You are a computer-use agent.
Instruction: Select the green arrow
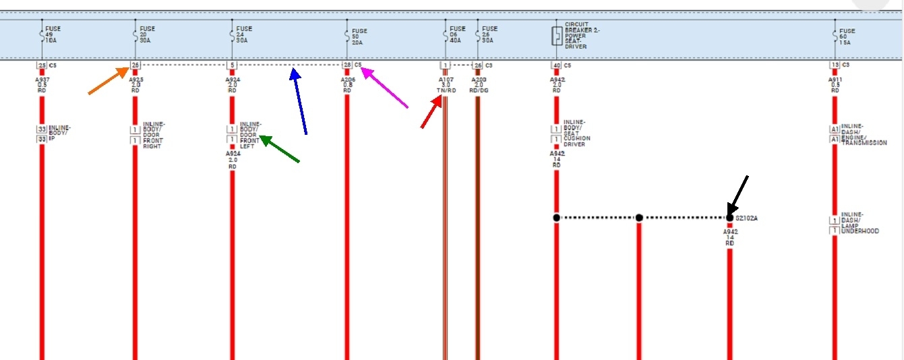tap(280, 149)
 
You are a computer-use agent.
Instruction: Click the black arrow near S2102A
tap(738, 196)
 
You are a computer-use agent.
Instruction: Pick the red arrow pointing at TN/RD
tap(431, 112)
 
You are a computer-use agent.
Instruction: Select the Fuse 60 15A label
tap(847, 37)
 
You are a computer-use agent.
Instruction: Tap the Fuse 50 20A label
tap(359, 36)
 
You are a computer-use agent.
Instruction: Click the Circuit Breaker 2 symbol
tap(557, 36)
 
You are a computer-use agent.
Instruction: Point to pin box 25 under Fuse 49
tap(42, 65)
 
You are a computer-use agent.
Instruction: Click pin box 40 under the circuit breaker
tap(556, 65)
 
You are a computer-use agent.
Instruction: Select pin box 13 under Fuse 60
tap(835, 65)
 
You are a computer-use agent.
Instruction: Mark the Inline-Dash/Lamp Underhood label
tap(860, 223)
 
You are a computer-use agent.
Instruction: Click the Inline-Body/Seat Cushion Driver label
tap(576, 133)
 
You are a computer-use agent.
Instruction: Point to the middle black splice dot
tap(639, 218)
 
